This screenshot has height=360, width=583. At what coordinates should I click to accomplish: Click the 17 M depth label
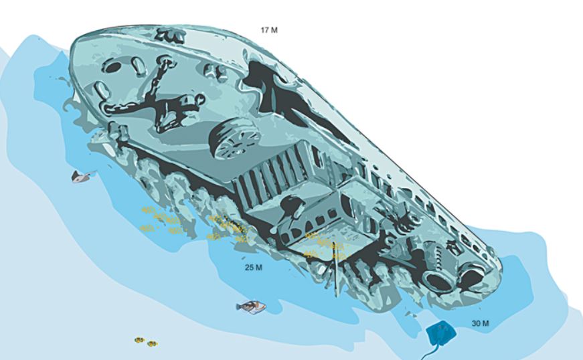tap(269, 30)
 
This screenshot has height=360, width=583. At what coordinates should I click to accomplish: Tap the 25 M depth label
tap(254, 268)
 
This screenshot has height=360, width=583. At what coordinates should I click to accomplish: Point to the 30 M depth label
tap(481, 323)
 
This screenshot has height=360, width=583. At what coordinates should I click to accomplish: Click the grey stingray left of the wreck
tap(82, 176)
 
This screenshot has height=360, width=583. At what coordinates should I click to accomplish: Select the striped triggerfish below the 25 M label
tap(252, 306)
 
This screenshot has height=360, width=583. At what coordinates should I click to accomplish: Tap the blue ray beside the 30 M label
tap(440, 333)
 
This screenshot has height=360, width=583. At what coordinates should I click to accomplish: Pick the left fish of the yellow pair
tap(139, 339)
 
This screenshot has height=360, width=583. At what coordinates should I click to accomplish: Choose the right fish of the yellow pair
tap(152, 344)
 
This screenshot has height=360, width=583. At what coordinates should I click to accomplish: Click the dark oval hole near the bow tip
tap(112, 67)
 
